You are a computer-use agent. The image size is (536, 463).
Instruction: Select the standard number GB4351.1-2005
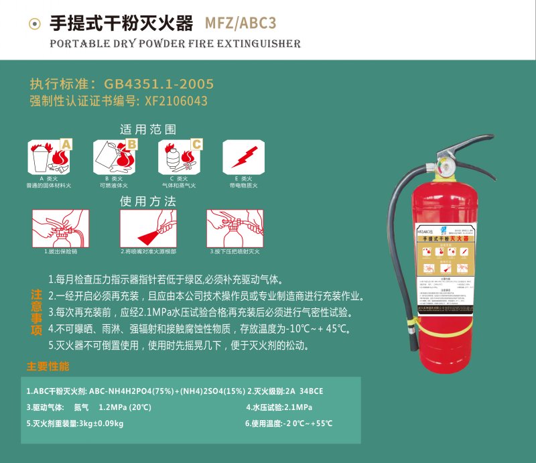click(159, 84)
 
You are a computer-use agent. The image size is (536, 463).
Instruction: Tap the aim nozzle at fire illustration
click(148, 228)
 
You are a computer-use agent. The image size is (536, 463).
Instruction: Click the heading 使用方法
click(148, 201)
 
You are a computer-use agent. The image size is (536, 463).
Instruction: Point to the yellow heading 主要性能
click(48, 367)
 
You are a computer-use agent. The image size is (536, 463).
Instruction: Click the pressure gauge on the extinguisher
click(444, 164)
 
